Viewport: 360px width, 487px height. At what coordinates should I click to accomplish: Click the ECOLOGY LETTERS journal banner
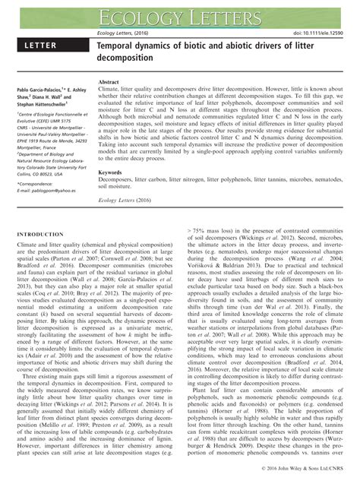pyautogui.click(x=180, y=14)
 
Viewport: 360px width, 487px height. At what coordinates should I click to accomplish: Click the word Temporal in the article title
pyautogui.click(x=122, y=47)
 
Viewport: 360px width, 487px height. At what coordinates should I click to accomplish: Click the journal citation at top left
pyautogui.click(x=125, y=33)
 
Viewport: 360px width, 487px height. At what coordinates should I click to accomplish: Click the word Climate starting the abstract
pyautogui.click(x=111, y=89)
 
